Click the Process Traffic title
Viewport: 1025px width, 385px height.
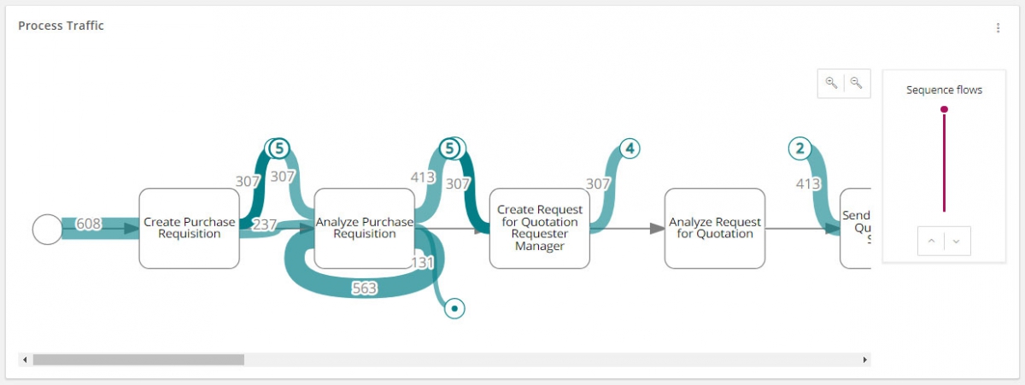61,26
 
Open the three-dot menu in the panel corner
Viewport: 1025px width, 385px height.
998,28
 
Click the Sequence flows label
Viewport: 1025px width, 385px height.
944,90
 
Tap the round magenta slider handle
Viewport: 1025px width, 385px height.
944,109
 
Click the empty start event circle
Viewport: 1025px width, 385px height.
47,229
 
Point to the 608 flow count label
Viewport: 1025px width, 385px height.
89,224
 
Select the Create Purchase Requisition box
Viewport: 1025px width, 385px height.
189,229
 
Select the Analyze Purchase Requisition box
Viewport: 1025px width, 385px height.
364,229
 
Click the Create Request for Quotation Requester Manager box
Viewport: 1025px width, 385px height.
539,229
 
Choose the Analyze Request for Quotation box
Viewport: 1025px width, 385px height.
714,229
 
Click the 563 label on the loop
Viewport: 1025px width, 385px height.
365,289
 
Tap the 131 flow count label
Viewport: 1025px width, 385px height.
425,261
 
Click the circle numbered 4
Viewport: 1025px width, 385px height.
630,149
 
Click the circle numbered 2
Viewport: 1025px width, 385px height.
799,149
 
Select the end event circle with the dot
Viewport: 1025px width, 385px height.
455,307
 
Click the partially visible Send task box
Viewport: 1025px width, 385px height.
855,229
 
